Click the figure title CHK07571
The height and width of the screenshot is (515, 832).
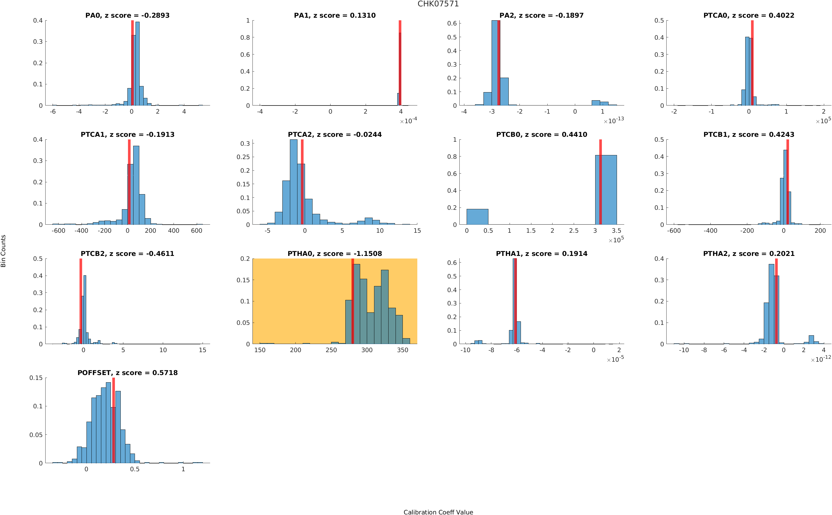[438, 4]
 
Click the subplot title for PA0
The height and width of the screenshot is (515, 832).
[127, 15]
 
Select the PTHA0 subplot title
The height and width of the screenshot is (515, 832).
[335, 253]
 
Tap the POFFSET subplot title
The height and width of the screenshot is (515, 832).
[127, 373]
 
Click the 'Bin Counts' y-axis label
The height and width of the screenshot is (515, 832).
[3, 251]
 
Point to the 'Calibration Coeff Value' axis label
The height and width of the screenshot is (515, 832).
[438, 512]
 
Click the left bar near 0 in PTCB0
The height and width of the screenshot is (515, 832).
[477, 216]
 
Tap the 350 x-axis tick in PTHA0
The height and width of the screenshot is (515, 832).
[402, 350]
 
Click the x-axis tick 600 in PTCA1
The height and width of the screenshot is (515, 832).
[196, 231]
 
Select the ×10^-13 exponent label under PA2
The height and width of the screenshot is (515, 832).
[613, 121]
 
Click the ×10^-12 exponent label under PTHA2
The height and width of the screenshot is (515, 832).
[821, 359]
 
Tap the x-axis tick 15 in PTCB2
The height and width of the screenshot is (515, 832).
[203, 350]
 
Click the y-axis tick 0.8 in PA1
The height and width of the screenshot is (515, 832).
[245, 37]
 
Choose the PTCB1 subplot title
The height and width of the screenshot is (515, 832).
[748, 134]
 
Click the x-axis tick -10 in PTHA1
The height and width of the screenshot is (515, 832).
[465, 350]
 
